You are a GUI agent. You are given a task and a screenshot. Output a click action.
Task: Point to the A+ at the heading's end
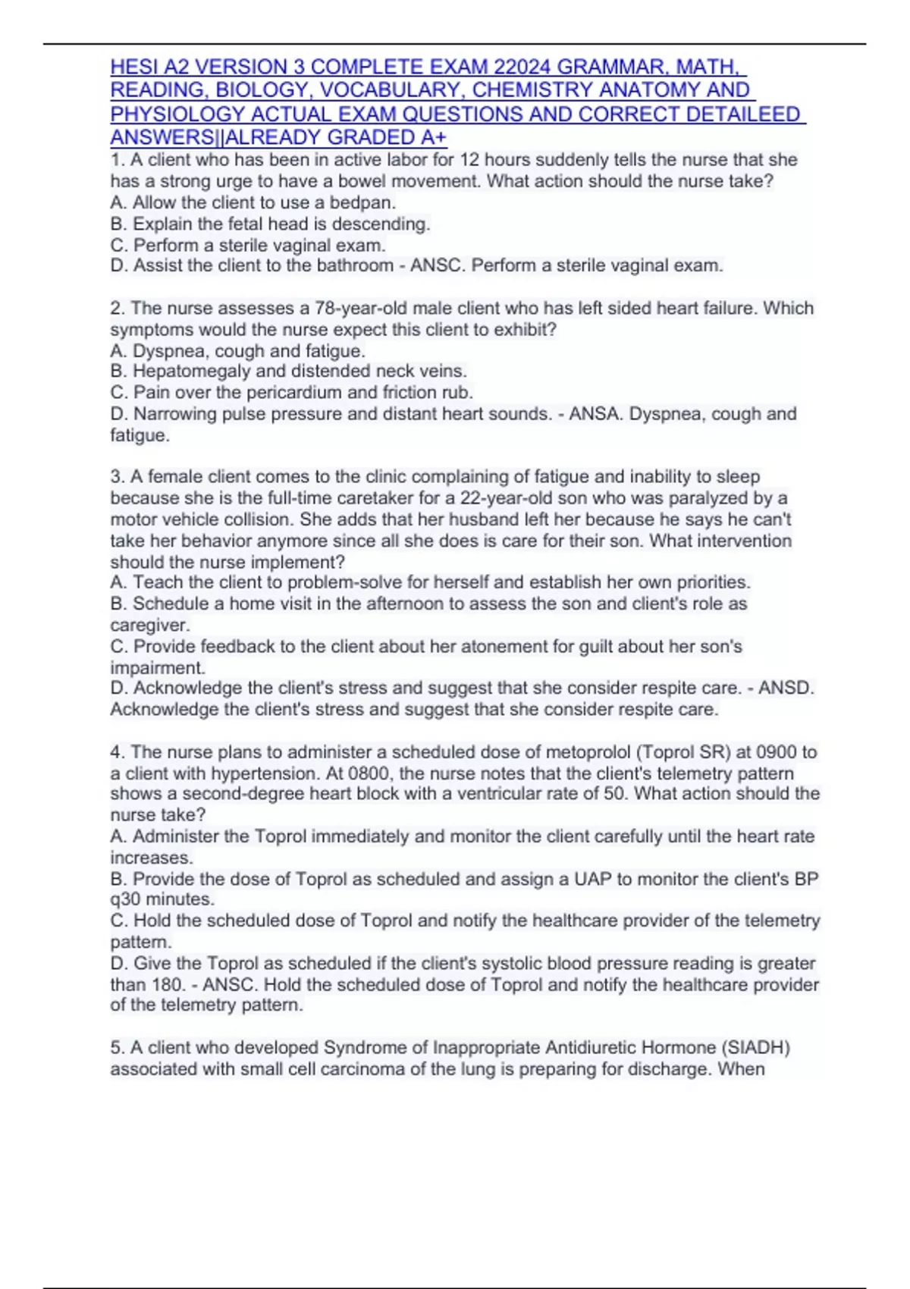click(433, 138)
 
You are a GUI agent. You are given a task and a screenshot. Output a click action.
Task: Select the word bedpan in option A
click(369, 202)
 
